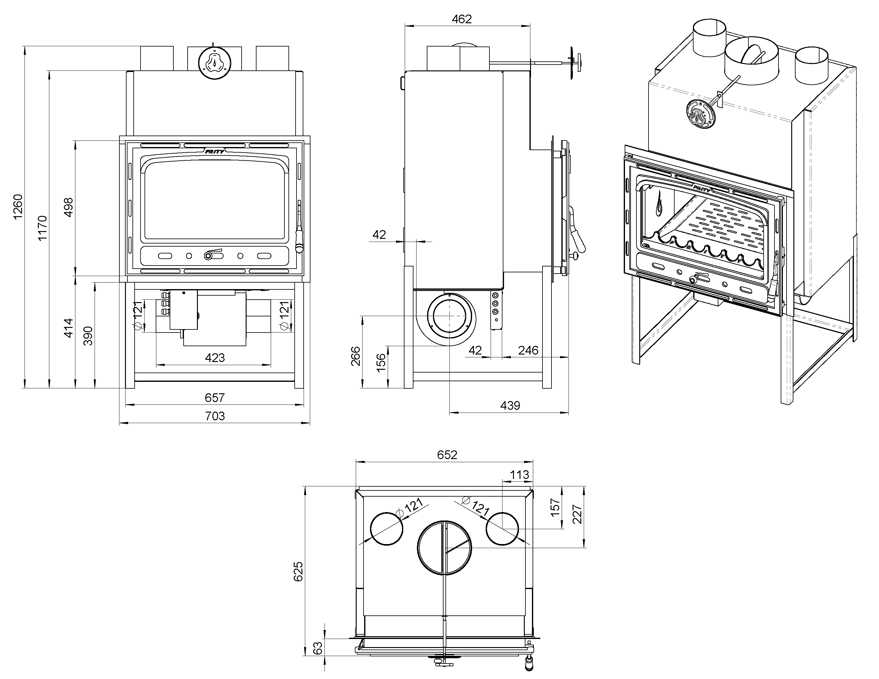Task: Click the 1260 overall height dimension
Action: click(x=18, y=207)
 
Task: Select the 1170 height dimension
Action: click(x=42, y=228)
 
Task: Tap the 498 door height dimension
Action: click(x=69, y=207)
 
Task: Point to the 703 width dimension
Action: click(x=215, y=416)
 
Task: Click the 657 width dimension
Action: click(x=215, y=398)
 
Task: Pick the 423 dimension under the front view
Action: click(x=215, y=357)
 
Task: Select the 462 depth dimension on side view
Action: click(x=461, y=19)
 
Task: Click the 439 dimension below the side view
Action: click(x=510, y=405)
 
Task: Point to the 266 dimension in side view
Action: click(x=356, y=356)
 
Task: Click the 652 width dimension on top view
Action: click(x=447, y=454)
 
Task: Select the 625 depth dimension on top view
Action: click(x=298, y=572)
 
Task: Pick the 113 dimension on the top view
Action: click(x=519, y=475)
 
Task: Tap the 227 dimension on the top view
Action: click(x=578, y=514)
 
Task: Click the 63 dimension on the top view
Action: click(x=318, y=648)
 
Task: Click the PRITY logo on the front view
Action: click(x=215, y=151)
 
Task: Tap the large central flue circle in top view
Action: click(x=444, y=548)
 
